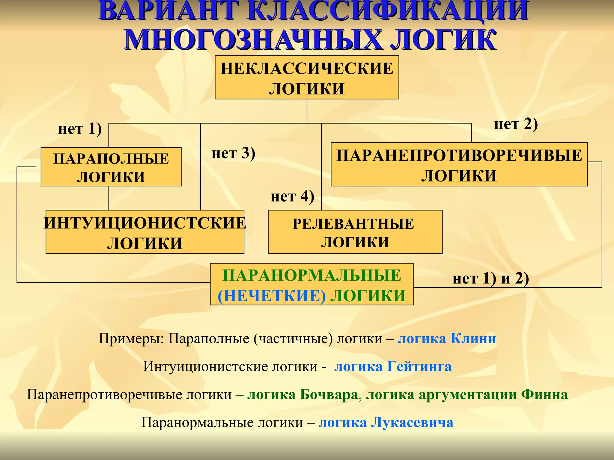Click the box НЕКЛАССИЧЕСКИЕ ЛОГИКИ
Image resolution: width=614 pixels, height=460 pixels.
point(307,77)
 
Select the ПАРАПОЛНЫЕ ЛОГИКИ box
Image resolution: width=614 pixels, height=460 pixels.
point(111,167)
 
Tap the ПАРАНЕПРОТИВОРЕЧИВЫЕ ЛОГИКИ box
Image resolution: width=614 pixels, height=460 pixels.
point(459,164)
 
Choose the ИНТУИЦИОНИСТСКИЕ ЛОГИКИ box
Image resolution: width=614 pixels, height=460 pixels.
point(145,232)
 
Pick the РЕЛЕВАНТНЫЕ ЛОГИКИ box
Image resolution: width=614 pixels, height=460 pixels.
point(355,232)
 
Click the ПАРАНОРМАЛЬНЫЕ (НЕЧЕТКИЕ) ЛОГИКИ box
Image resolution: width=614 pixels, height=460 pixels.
point(311,284)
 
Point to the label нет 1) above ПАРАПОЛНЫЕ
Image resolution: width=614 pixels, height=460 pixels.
point(80,129)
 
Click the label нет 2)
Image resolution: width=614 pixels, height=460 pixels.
point(516,124)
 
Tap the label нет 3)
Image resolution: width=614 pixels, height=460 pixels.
point(233,153)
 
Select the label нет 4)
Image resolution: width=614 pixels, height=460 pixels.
point(292,197)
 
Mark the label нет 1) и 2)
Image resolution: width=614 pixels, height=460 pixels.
point(490,279)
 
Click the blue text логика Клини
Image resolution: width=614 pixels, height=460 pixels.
point(447,339)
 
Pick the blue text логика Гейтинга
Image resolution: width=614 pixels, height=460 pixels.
point(393,367)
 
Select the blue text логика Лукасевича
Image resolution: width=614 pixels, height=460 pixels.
point(386,423)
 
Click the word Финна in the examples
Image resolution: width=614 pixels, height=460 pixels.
point(544,395)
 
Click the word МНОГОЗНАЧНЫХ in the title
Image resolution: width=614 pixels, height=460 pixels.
point(253,40)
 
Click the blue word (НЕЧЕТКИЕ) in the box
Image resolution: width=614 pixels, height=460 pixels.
point(272,296)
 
